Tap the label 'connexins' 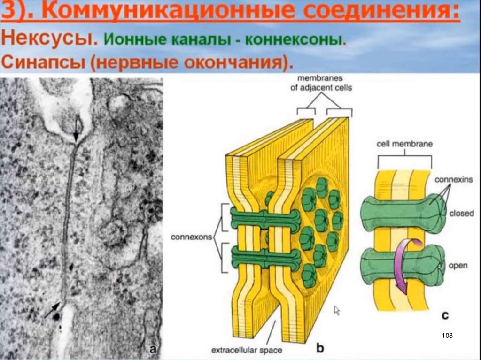click(x=453, y=179)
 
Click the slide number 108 click(x=447, y=335)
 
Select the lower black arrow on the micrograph click(x=53, y=309)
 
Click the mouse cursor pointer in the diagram click(x=337, y=310)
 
